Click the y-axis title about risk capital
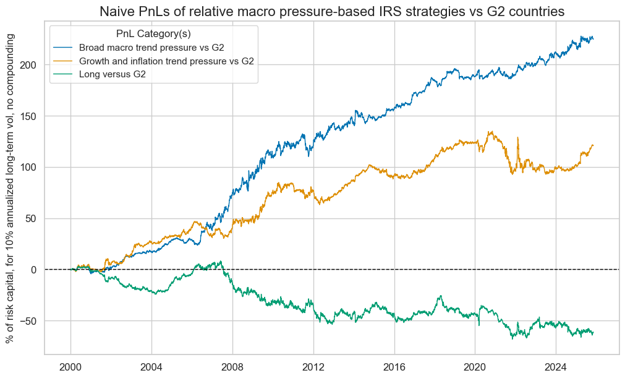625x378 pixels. pyautogui.click(x=11, y=188)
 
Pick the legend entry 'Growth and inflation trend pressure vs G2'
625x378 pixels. pyautogui.click(x=167, y=61)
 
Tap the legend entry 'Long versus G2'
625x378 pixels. pyautogui.click(x=116, y=74)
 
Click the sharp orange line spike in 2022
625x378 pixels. pyautogui.click(x=517, y=138)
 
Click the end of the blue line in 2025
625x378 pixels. pyautogui.click(x=593, y=38)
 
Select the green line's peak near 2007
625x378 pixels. pyautogui.click(x=221, y=261)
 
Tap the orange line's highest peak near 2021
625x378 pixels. pyautogui.click(x=491, y=131)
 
